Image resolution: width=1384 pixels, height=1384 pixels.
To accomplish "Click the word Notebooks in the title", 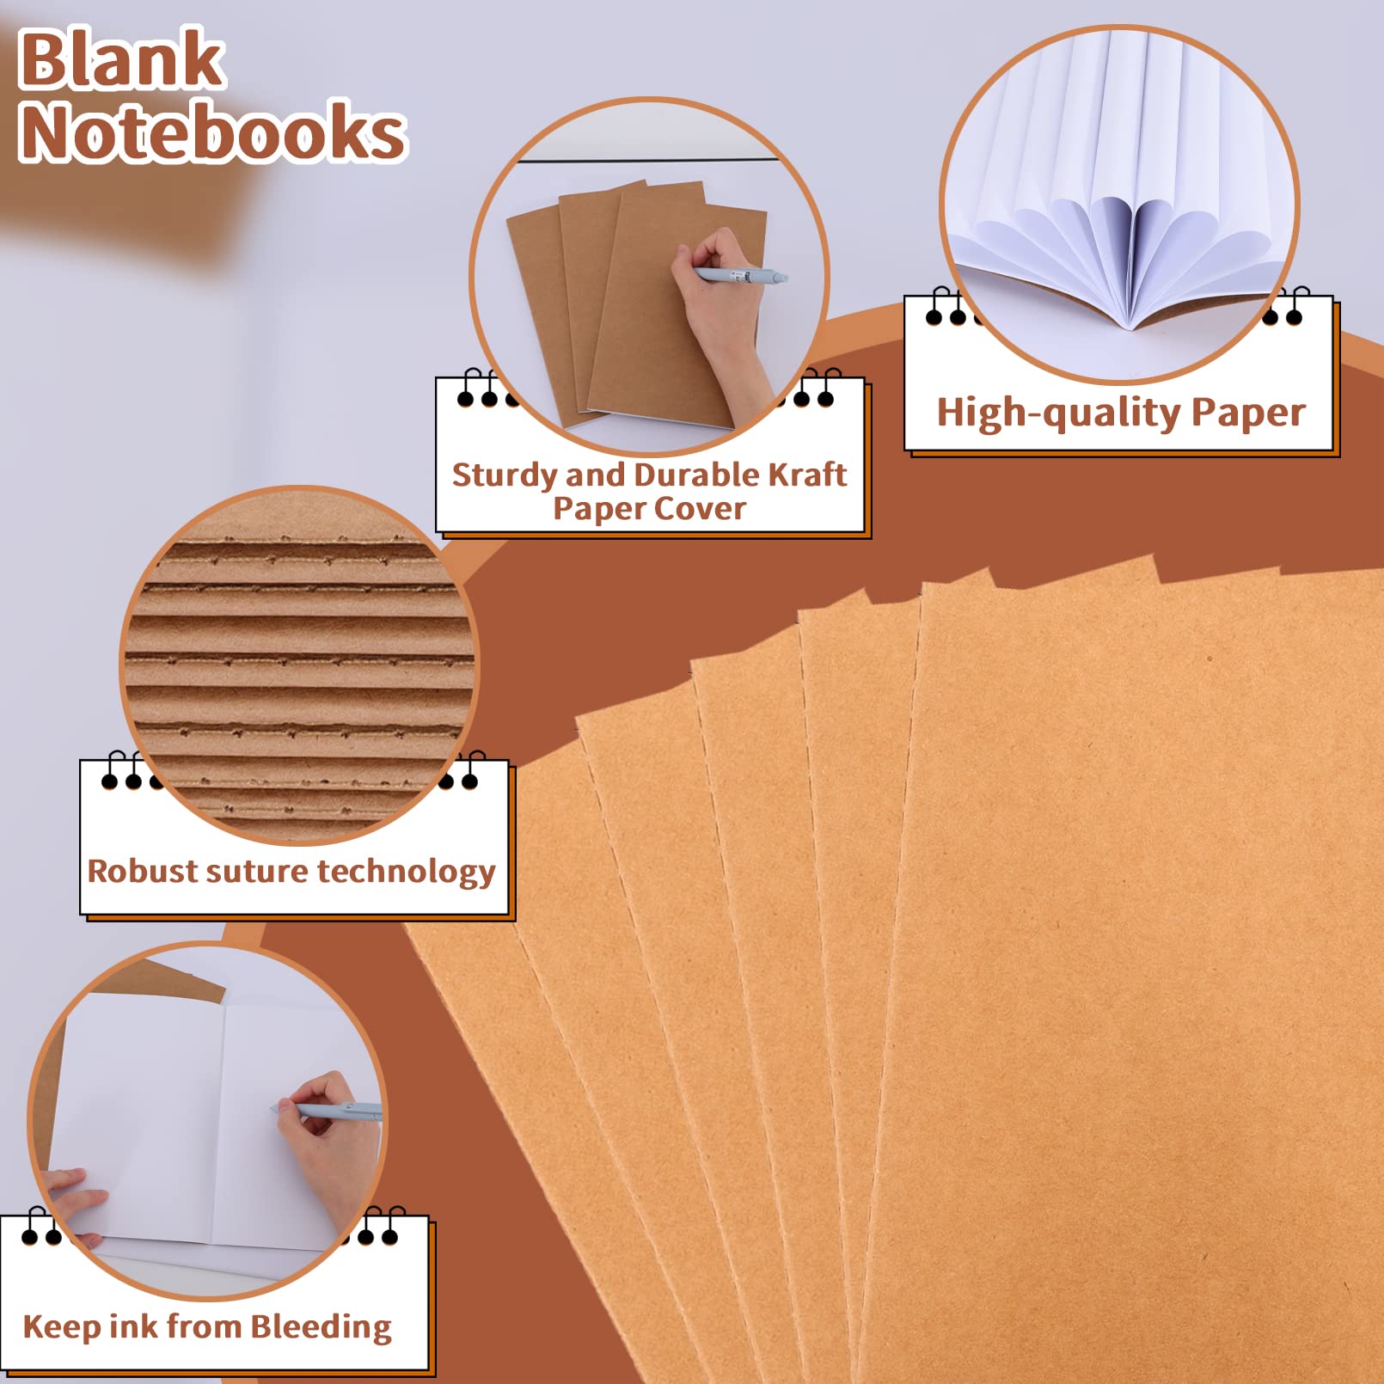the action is (x=212, y=131).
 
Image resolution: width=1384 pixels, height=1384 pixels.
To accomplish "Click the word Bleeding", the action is (x=322, y=1326).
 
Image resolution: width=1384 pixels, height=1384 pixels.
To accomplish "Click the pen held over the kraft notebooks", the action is (x=740, y=276).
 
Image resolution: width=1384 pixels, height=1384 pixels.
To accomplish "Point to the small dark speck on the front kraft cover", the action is (x=1209, y=659).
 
